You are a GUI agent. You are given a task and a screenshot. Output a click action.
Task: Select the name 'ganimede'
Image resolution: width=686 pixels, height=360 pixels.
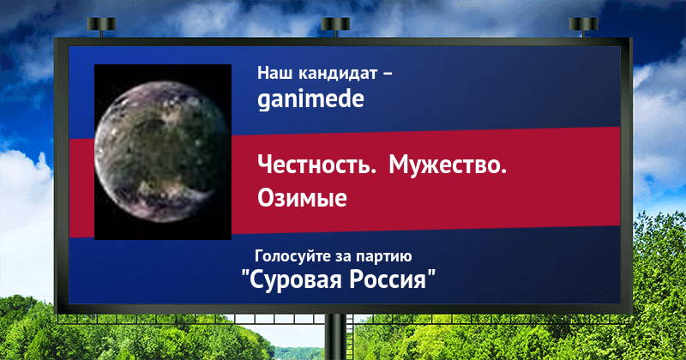tap(310, 99)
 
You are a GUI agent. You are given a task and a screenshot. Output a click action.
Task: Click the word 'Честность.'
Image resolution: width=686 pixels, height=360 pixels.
tap(316, 165)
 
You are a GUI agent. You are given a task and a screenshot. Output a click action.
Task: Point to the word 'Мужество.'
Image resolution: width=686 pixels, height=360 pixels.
tap(448, 165)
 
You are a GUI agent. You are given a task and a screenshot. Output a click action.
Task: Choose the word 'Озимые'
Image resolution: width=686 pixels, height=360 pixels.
tap(302, 198)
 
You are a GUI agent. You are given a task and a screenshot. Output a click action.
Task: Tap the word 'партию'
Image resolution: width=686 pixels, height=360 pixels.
tap(383, 256)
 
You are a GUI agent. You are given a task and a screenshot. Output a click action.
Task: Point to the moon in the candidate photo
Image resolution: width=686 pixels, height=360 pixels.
tap(161, 152)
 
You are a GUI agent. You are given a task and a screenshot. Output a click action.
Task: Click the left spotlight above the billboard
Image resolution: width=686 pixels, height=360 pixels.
tap(101, 27)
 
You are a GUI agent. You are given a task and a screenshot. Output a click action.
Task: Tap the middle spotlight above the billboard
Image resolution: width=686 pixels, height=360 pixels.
tap(335, 27)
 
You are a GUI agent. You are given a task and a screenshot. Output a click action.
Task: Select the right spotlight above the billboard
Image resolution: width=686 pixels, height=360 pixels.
tap(583, 27)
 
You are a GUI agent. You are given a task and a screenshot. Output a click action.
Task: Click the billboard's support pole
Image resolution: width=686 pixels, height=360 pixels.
tap(335, 337)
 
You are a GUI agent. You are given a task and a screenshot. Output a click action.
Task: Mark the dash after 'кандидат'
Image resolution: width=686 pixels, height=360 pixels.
tap(388, 75)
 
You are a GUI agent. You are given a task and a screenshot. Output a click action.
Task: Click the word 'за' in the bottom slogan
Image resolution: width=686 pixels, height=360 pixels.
tap(344, 257)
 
